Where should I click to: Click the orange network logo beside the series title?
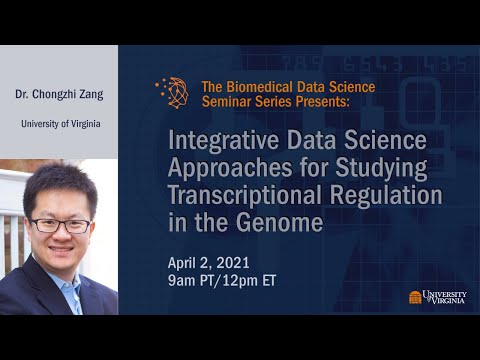coord(172,93)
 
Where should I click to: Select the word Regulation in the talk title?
coord(391,196)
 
